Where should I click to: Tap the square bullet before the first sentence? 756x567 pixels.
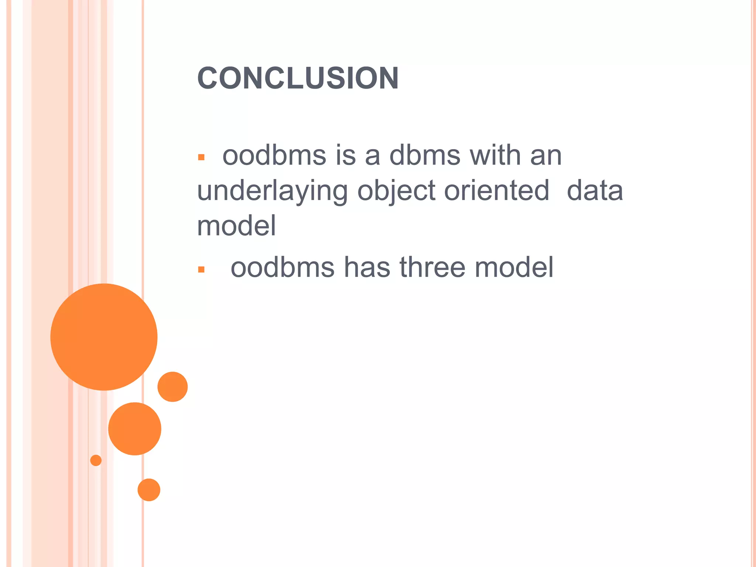click(201, 158)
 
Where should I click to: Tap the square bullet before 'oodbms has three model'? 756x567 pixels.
click(201, 270)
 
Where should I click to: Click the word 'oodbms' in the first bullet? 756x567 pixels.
click(274, 155)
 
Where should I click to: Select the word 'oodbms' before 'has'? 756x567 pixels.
click(282, 267)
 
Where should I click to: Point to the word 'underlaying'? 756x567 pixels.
click(272, 191)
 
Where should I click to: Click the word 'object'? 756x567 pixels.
click(396, 191)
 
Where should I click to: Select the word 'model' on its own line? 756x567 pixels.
click(237, 226)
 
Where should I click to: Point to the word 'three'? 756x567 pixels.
click(432, 267)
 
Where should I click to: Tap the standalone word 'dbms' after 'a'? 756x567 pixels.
click(425, 155)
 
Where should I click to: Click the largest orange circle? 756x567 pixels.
click(104, 337)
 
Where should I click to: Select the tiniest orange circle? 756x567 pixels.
click(96, 460)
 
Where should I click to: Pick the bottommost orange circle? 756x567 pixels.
click(149, 490)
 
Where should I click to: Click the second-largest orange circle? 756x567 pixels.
click(135, 429)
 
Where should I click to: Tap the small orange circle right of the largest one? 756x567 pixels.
click(172, 386)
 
